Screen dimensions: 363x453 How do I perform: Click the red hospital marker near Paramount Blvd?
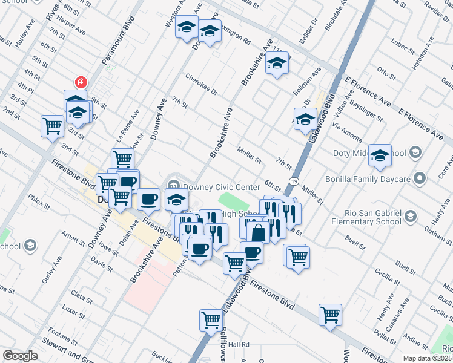point(79,82)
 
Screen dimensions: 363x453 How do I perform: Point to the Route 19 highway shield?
point(293,181)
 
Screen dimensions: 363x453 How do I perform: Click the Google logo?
point(20,356)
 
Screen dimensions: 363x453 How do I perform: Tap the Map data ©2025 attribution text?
point(427,358)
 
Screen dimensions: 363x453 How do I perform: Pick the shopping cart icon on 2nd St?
point(52,126)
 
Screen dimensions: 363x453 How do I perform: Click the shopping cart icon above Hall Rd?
point(211,319)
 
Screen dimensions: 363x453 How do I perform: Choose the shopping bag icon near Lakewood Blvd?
point(258,233)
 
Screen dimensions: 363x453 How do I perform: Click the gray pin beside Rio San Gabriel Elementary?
point(411,216)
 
